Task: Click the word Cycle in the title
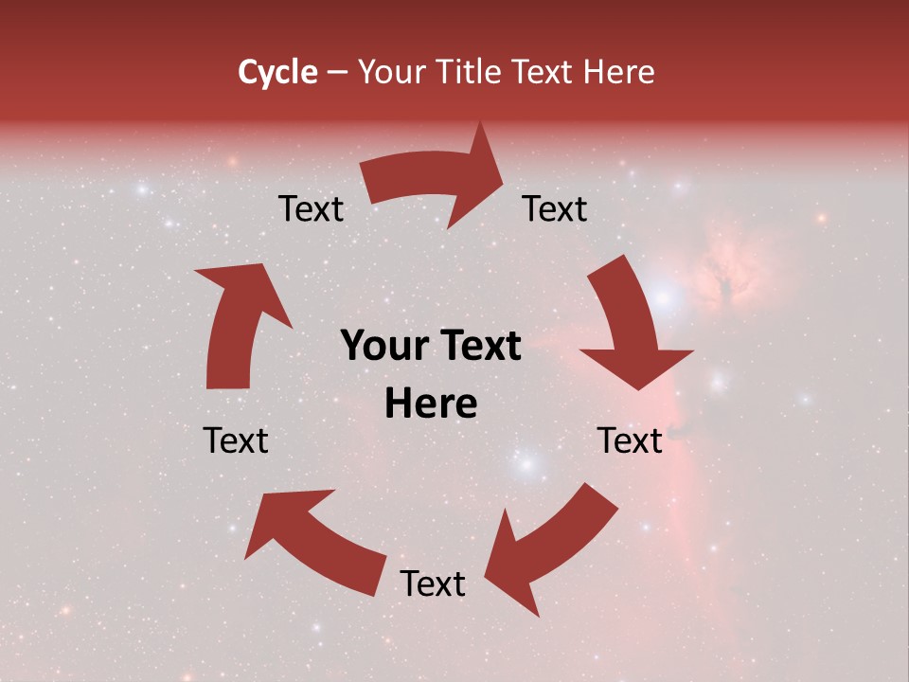click(x=277, y=72)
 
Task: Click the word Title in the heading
click(x=471, y=72)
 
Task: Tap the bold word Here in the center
click(x=431, y=404)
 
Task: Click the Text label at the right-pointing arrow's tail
click(x=311, y=209)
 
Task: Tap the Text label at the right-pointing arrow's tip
click(x=555, y=209)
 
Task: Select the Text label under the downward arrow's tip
click(x=629, y=440)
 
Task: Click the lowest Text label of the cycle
click(x=432, y=584)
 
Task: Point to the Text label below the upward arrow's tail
click(x=236, y=440)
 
